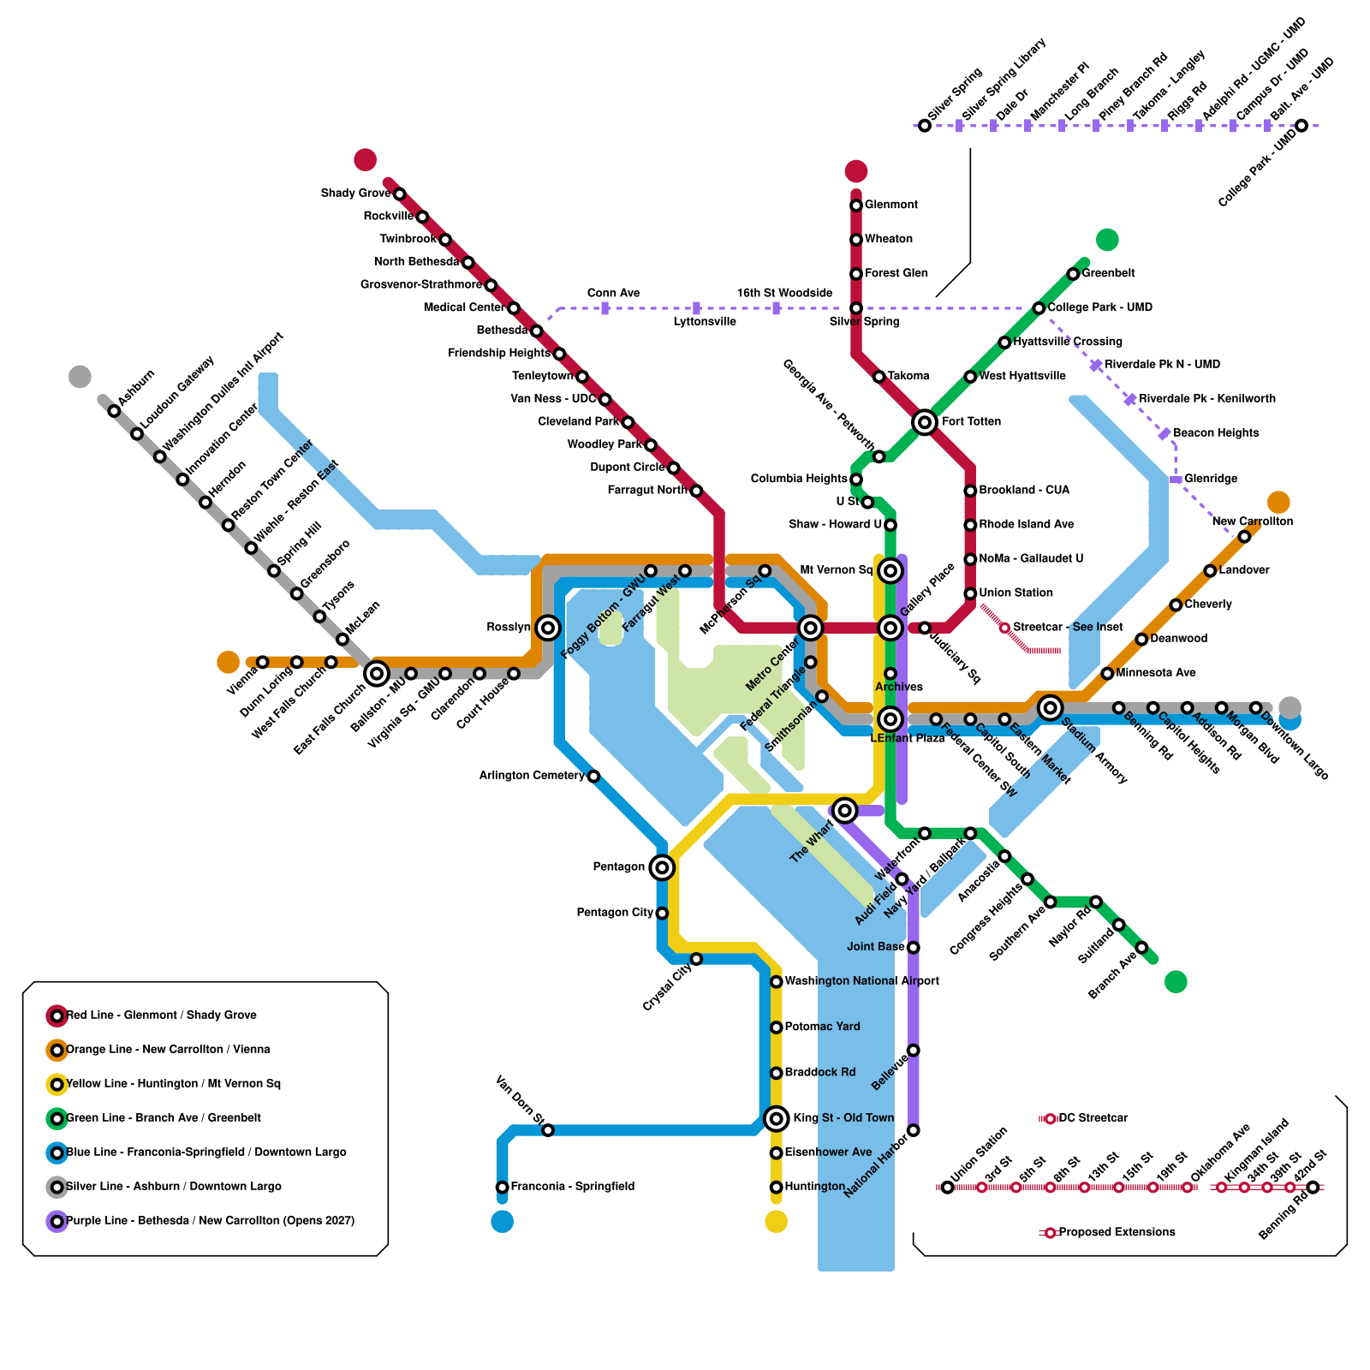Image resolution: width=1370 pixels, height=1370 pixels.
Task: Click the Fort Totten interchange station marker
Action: point(924,421)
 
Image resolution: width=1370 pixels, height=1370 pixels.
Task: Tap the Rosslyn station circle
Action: point(548,628)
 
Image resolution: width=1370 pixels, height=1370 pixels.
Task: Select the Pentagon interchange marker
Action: point(661,867)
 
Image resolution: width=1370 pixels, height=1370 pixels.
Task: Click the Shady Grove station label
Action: point(355,194)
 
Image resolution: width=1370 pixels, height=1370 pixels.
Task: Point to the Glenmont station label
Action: point(890,205)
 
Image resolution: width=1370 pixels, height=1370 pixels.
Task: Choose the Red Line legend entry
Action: point(161,1016)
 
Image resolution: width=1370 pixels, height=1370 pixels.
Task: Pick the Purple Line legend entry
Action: point(210,1221)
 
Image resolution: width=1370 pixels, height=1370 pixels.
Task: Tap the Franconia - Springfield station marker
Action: point(503,1187)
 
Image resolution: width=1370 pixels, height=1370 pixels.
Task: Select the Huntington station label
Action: point(814,1187)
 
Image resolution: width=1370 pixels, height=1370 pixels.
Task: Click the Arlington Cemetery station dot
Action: point(593,776)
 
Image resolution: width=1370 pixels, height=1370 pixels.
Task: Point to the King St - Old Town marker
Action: point(776,1118)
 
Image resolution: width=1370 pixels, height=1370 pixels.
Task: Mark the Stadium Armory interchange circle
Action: point(1050,707)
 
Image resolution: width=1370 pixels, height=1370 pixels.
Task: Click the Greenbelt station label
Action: point(1108,273)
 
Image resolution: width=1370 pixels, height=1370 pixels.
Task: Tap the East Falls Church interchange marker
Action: point(377,674)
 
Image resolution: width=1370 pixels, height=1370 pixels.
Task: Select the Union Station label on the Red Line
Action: point(1016,593)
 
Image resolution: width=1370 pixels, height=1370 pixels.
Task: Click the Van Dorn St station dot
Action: point(548,1130)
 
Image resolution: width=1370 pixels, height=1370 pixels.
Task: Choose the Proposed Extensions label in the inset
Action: point(1117,1232)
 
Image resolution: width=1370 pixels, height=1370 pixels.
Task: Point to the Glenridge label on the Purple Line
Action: point(1211,479)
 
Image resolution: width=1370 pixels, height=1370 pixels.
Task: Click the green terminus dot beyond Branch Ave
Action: point(1176,981)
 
